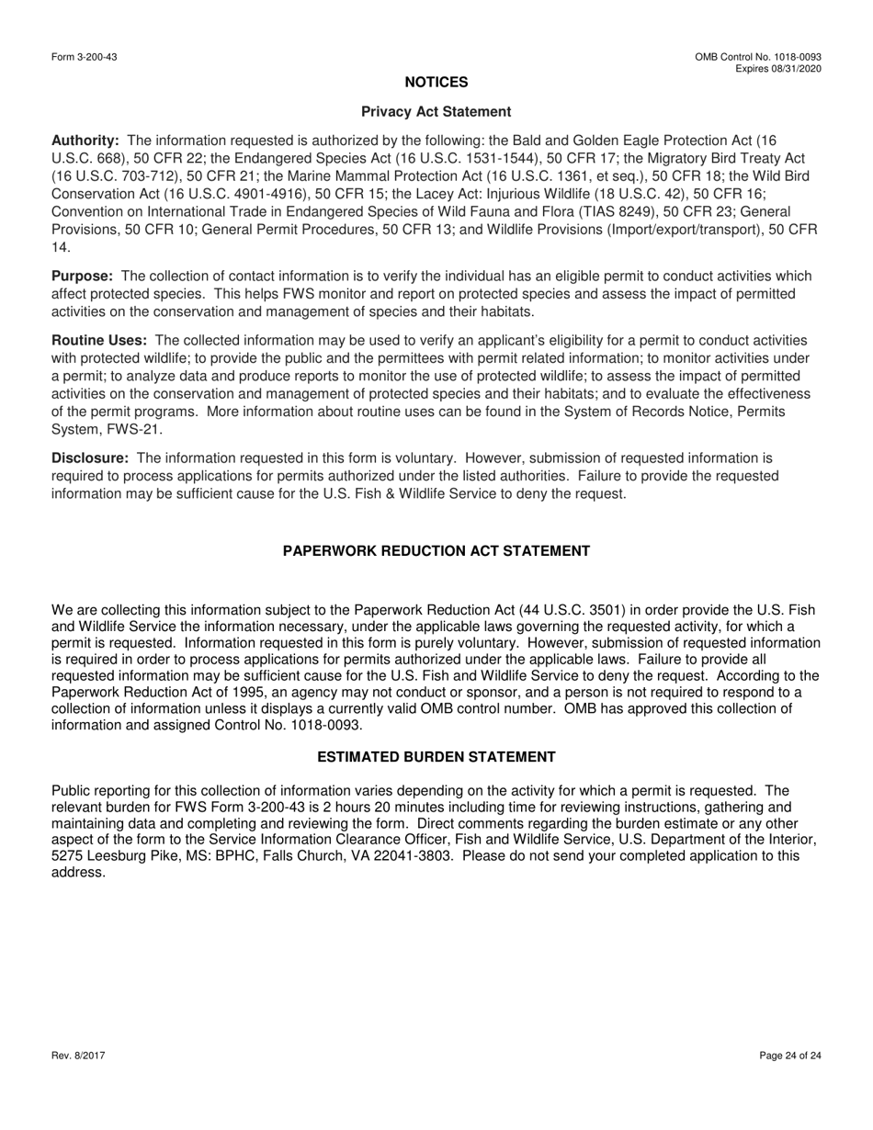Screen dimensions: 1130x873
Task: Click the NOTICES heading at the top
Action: [x=436, y=83]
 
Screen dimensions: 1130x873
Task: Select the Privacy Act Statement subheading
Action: [x=436, y=112]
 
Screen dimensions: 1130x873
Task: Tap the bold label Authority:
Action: [x=85, y=141]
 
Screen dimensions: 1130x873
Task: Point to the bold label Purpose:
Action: [x=83, y=277]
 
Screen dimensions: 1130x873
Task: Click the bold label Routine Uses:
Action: [x=99, y=341]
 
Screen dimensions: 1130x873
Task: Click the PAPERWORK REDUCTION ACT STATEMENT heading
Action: [x=436, y=551]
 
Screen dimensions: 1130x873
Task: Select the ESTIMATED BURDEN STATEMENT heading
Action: [x=436, y=757]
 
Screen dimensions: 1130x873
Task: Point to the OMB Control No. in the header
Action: [x=758, y=57]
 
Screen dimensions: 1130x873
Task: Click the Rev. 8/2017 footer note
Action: [x=78, y=1057]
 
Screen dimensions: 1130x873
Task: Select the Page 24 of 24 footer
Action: [x=790, y=1057]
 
